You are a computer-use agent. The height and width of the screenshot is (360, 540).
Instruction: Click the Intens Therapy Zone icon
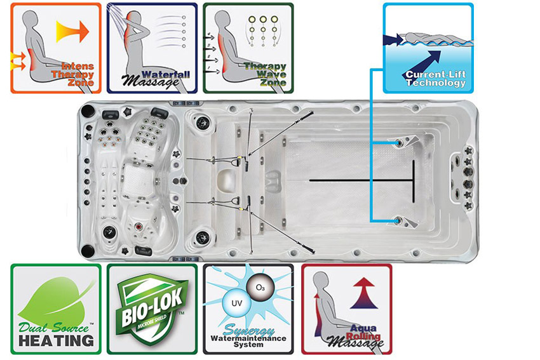[56, 48]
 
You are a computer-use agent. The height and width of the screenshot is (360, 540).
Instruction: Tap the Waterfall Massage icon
[151, 48]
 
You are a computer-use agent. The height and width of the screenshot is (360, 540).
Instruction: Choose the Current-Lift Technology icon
[428, 48]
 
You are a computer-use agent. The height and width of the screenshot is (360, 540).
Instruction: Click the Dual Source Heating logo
[56, 309]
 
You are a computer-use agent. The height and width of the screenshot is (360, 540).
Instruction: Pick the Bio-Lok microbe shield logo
[151, 309]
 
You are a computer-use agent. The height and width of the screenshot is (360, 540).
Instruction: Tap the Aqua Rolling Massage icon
[346, 309]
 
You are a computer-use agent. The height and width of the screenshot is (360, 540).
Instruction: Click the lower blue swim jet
[398, 220]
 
